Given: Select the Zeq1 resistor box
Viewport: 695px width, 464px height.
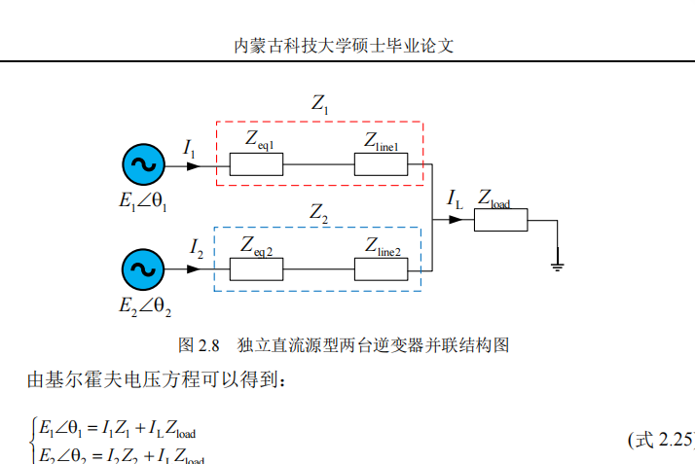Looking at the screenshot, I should coord(255,164).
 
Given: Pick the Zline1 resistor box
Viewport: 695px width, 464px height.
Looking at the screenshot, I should coord(381,164).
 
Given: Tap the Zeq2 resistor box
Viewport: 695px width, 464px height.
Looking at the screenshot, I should coord(255,269).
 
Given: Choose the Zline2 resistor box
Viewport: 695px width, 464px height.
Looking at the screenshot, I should coord(381,269).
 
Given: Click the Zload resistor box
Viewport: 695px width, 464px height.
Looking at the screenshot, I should coord(500,220).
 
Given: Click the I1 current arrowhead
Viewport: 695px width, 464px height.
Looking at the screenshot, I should coord(193,165).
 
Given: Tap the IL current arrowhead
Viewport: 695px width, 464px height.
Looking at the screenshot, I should coord(455,220).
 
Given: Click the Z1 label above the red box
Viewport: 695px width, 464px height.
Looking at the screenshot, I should coord(320,102).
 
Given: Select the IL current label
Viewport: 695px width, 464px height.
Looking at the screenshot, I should coord(455,199).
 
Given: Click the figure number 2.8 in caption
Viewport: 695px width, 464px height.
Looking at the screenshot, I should coord(209,345).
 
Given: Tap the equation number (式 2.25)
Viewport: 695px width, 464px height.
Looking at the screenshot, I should coord(663,440).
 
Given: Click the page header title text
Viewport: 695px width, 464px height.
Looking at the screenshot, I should coord(346,46).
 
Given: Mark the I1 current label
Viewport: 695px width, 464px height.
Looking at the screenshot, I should coord(189,147).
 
